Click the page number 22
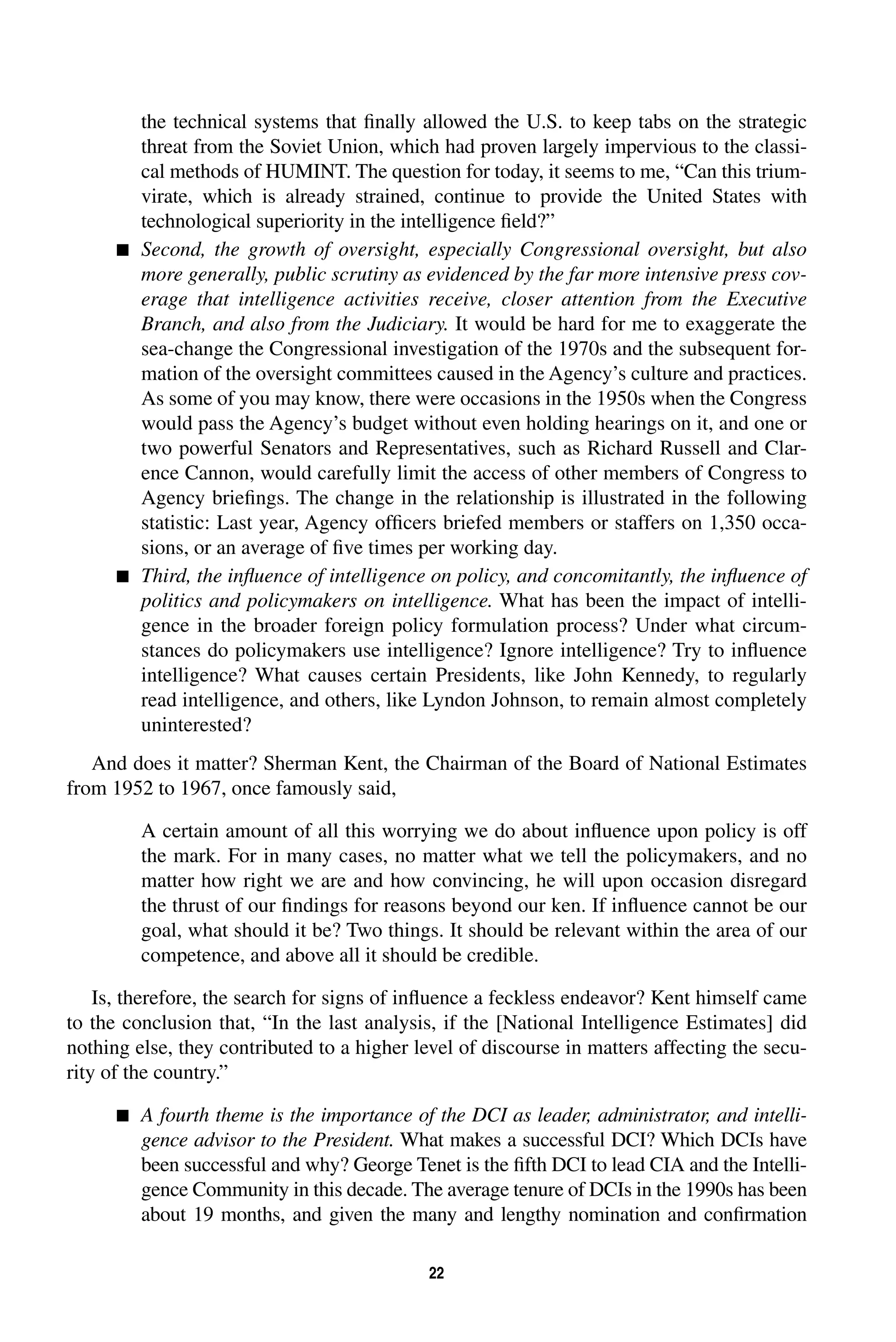436,1273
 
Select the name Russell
690,448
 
